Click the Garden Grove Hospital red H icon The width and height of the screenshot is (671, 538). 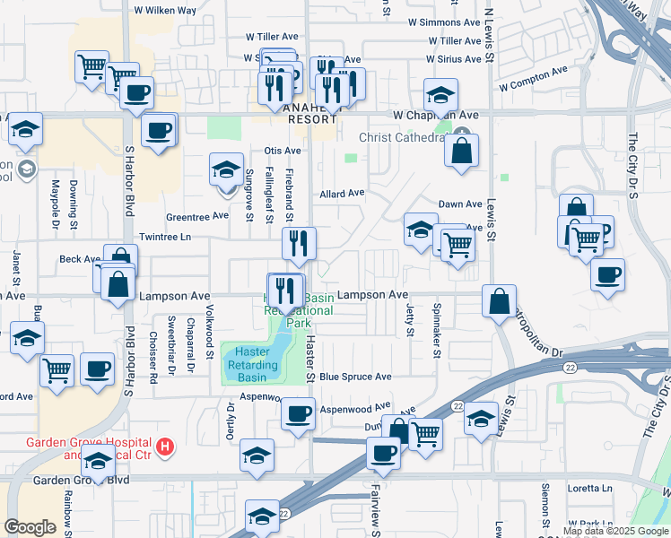164,446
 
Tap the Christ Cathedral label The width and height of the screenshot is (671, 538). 401,137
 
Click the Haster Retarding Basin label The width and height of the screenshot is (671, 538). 251,364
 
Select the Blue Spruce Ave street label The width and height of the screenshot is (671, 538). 356,377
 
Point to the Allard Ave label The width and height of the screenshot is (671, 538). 343,193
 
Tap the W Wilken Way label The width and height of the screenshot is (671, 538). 165,11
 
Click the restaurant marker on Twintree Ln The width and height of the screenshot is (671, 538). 300,243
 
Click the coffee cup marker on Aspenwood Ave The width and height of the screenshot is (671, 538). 298,413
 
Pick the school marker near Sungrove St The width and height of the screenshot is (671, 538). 226,169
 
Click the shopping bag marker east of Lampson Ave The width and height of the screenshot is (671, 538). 499,300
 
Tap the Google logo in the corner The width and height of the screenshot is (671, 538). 30,527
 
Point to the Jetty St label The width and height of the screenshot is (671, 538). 409,319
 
